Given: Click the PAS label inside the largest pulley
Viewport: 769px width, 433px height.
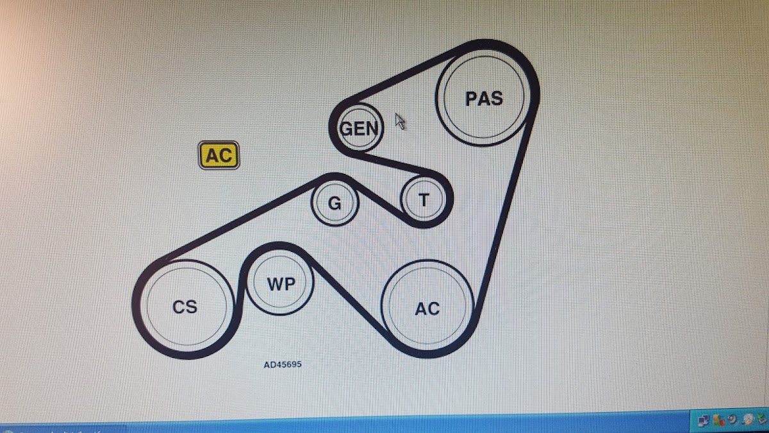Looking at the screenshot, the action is (x=484, y=98).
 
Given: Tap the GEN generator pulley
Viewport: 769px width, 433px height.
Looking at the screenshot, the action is (x=359, y=128).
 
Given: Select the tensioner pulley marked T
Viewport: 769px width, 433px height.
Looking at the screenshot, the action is (x=424, y=200).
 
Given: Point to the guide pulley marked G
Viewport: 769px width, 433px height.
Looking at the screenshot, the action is (x=335, y=203).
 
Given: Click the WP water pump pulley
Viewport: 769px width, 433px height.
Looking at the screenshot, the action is (x=280, y=282).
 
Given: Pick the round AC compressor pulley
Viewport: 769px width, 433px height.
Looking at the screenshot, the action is (x=427, y=306).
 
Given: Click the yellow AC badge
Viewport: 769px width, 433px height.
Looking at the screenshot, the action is (x=219, y=155).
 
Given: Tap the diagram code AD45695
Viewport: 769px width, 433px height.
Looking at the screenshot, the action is (x=283, y=364).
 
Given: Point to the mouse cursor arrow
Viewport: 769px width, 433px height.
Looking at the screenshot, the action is (x=400, y=121).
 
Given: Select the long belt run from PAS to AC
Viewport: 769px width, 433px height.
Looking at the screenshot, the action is (x=506, y=210).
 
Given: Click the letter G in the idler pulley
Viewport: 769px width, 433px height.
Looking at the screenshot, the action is (x=335, y=203).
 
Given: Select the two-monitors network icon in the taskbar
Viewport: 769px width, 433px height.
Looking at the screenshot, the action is (x=703, y=421).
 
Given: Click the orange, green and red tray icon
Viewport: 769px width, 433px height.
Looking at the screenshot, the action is (x=718, y=420).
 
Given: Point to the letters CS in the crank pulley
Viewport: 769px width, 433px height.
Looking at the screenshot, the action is (x=185, y=307).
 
